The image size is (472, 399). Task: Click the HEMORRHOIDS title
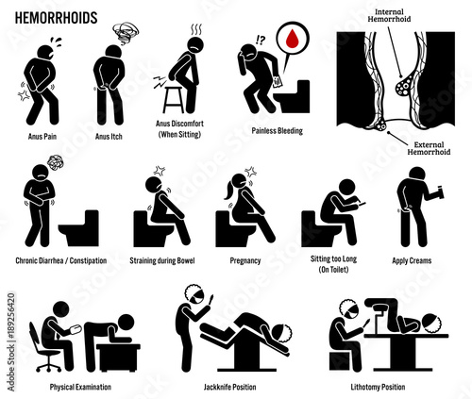56,18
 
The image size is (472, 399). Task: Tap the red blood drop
293,38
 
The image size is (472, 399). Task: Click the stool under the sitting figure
174,99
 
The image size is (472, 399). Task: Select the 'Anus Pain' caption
42,137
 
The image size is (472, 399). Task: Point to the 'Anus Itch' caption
109,137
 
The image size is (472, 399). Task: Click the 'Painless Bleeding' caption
277,131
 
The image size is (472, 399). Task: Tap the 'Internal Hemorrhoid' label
389,15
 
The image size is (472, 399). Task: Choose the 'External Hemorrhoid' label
429,148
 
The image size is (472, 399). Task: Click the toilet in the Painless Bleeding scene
292,96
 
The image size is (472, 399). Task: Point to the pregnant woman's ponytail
228,192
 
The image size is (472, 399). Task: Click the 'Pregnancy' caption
245,260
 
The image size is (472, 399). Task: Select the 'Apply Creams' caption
412,260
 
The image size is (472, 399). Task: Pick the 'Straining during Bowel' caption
162,260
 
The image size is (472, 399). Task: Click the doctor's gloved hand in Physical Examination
76,329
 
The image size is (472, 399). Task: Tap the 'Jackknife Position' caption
229,387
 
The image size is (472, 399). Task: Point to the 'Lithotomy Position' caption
378,387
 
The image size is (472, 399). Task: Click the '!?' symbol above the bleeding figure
261,40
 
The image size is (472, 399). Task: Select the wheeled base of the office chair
49,364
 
